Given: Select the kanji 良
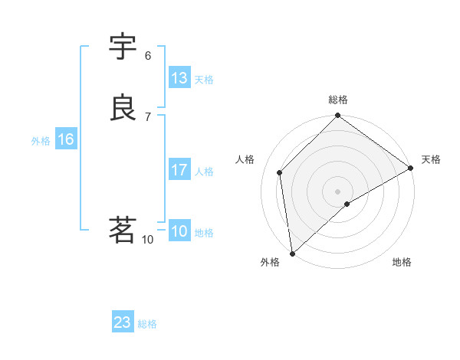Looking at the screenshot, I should pos(123,108).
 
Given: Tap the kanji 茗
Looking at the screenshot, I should pos(123,230).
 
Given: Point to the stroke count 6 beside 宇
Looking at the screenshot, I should pos(148,55).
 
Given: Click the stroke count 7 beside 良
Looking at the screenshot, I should pos(148,116).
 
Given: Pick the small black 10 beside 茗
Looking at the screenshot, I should pos(148,240).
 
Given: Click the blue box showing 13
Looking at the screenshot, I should pos(179,78).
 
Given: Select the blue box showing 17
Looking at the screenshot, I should pos(179,170).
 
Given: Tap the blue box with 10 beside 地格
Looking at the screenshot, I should pos(179,231).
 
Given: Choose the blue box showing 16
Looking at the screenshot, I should pos(66,139).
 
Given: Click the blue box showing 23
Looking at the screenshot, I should pos(123,322).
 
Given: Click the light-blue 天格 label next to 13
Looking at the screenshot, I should pos(204,80).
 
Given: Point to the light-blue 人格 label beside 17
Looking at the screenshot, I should pos(204,172).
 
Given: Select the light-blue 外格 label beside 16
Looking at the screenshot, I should pos(41,141).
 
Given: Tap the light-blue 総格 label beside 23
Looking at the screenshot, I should pos(147,324).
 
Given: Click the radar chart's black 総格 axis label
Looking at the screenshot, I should pos(338,100).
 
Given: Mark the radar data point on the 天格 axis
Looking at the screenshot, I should pos(411,169).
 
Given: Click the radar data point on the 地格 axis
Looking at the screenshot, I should pos(347,204).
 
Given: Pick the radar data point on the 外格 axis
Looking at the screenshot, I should pos(292,254).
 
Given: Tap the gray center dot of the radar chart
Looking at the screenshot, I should pos(338,191).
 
